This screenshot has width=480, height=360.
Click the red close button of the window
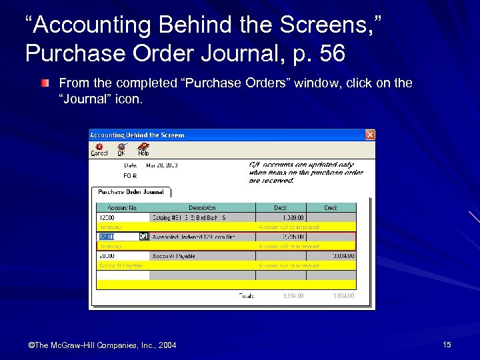(x=370, y=135)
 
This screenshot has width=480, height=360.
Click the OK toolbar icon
(x=121, y=149)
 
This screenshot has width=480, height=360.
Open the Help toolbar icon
(x=143, y=149)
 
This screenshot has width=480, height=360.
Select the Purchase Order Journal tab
(x=131, y=192)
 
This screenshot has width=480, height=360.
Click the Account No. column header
(x=122, y=208)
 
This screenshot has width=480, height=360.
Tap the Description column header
(x=202, y=208)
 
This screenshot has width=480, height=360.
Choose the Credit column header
(x=331, y=208)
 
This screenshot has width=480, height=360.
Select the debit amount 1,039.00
(x=293, y=217)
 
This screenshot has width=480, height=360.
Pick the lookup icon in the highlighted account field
(x=143, y=237)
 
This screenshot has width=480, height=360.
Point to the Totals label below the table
(x=247, y=295)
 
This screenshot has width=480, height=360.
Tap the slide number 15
(x=447, y=345)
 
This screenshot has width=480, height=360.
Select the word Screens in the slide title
(x=287, y=25)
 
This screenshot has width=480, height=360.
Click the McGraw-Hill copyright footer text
(x=102, y=345)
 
